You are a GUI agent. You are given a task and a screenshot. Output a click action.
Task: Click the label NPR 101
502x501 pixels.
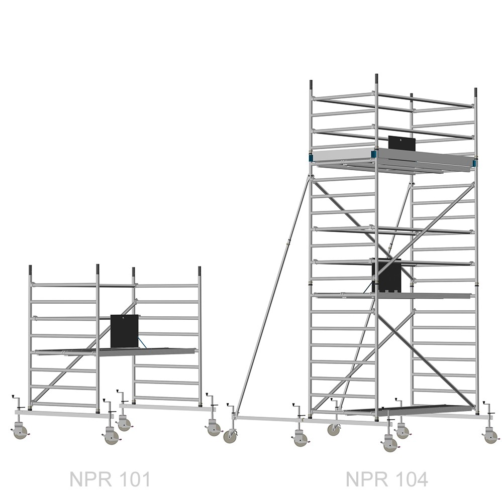(x=110, y=479)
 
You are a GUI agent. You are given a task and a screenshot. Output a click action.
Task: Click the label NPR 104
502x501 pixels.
(x=387, y=479)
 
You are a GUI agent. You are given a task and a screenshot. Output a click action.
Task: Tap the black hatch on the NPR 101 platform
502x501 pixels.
(x=125, y=331)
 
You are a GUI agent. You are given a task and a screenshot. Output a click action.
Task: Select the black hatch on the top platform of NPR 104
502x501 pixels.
(x=402, y=143)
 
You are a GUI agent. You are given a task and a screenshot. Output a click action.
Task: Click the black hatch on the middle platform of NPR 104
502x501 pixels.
(x=386, y=276)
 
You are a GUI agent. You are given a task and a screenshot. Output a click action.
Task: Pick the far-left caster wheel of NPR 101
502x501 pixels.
(x=21, y=432)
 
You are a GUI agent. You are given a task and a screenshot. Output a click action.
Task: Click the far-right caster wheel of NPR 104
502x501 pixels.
(x=491, y=437)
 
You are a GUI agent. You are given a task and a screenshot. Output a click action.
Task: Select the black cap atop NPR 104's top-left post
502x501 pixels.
(x=311, y=85)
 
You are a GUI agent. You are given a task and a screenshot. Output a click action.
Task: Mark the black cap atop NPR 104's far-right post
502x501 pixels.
(x=476, y=92)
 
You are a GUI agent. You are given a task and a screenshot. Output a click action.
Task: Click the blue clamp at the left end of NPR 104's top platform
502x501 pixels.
(x=310, y=158)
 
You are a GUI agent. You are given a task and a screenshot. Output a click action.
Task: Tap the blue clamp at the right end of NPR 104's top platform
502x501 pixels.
(x=474, y=164)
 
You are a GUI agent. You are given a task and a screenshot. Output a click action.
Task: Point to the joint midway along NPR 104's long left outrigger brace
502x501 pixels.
(x=288, y=242)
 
